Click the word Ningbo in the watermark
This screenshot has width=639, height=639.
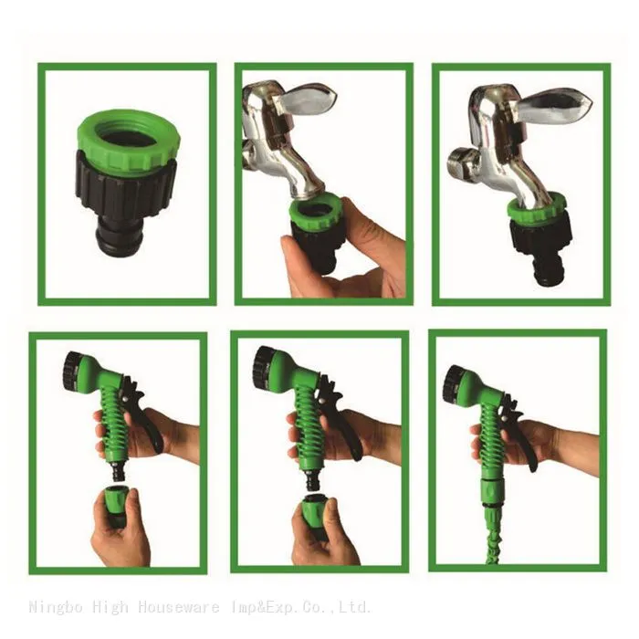tap(56, 607)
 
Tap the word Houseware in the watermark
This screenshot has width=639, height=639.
tap(179, 606)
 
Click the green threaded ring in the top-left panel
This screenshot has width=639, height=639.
tap(126, 139)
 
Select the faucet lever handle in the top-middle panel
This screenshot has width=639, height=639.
tap(309, 99)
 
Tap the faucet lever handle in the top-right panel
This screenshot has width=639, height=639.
tap(554, 101)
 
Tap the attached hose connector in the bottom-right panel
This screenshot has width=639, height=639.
tap(493, 491)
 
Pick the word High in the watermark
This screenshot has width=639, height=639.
tap(110, 607)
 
